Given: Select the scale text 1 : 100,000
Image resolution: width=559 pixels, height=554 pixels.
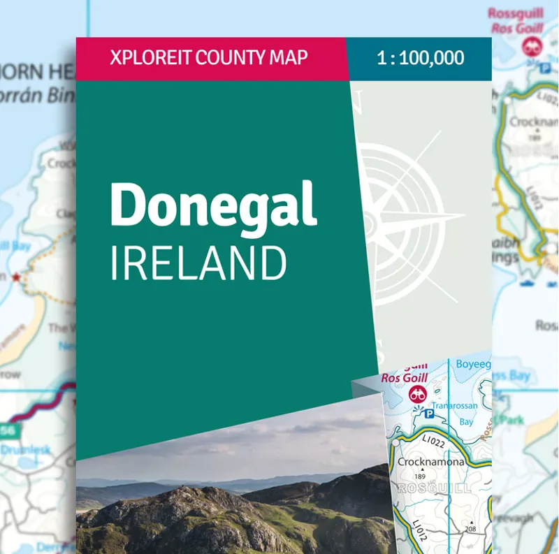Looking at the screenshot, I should pos(420,57).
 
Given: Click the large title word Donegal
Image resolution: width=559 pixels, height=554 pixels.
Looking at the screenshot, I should pos(214,205).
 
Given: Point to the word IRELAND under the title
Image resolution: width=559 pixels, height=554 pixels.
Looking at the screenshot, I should pos(198,265).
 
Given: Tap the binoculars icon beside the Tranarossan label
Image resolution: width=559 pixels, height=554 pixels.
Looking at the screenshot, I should pos(418,394).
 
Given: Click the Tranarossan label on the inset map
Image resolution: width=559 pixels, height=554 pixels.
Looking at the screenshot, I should pos(453,406).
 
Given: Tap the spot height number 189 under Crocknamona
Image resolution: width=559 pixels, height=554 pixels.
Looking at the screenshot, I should pos(421,476).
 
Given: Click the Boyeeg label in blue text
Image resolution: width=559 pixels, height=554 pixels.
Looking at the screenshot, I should pos(472,364).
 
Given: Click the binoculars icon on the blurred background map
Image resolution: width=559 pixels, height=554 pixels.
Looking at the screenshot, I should pos(531,46).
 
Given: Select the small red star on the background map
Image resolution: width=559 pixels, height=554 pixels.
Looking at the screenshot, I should pos(16,277).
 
